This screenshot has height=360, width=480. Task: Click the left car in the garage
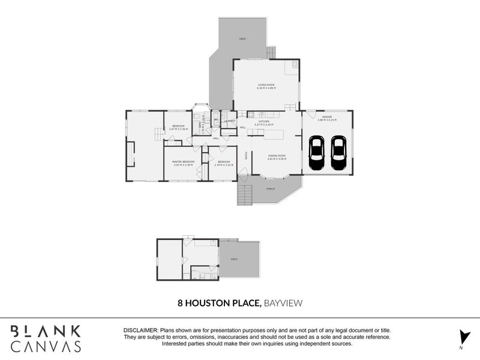[x=316, y=154]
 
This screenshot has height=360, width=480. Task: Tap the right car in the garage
[x=338, y=154]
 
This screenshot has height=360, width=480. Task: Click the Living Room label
[x=266, y=85]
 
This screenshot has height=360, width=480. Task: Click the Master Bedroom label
[x=183, y=162]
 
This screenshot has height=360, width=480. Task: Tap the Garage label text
[x=327, y=117]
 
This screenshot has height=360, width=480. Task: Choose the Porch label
[x=271, y=189]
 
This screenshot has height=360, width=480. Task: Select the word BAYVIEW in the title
[x=283, y=304]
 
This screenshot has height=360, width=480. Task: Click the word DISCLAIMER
[x=140, y=331]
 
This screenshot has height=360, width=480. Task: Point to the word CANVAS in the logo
[x=46, y=346]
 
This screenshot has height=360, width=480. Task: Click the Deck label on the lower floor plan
[x=234, y=259]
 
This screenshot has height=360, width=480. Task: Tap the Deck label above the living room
[x=242, y=38]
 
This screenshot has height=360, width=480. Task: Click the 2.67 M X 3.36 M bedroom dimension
[x=178, y=129]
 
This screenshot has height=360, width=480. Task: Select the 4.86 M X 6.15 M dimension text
[x=327, y=121]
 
